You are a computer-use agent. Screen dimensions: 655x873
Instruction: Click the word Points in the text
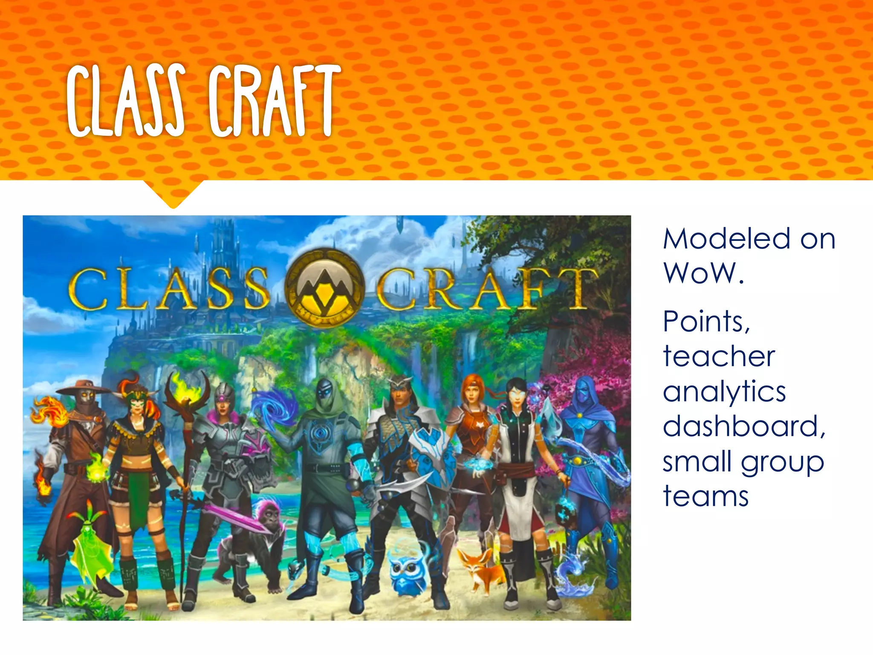(706, 322)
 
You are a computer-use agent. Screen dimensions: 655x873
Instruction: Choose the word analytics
(724, 392)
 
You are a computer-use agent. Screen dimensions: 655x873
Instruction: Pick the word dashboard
(744, 426)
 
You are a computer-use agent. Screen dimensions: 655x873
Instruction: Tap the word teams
(705, 497)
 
